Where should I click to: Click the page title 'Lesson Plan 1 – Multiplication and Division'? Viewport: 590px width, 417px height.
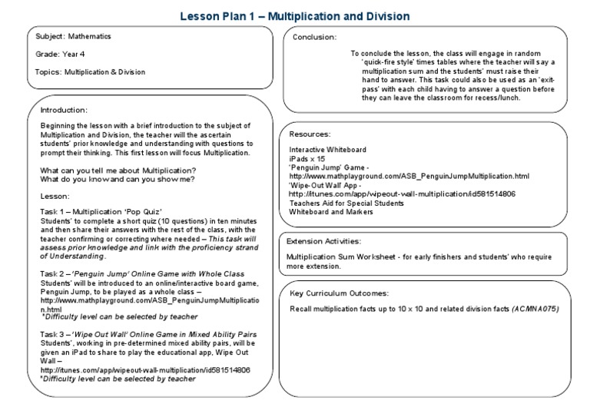coord(295,15)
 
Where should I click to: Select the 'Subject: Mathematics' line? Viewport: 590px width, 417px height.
coord(74,36)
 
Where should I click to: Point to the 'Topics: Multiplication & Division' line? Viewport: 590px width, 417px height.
coord(90,71)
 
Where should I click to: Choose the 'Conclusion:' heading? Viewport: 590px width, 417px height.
coord(315,37)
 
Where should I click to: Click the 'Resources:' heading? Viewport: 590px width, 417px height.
coord(310,134)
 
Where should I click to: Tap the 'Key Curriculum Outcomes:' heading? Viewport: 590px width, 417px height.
coord(340,293)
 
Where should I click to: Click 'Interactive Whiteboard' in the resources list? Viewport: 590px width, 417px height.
coord(327,148)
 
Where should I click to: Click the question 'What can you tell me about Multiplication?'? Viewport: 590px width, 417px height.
coord(118,170)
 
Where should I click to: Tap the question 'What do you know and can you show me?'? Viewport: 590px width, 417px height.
coord(117,179)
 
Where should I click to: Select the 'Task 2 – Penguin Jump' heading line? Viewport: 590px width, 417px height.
coord(142,273)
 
